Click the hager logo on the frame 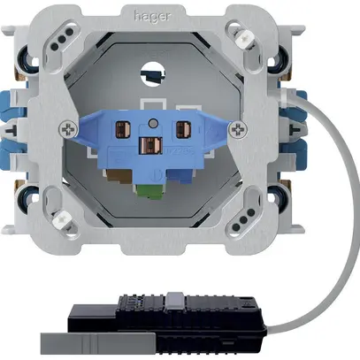(152, 17)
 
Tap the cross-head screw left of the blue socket (68, 129)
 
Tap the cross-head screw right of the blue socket (238, 129)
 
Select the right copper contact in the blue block (183, 129)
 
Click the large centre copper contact (150, 146)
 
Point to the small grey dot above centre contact (153, 123)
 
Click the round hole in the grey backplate (152, 73)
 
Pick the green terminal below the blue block (151, 191)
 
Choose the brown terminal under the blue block (119, 177)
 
